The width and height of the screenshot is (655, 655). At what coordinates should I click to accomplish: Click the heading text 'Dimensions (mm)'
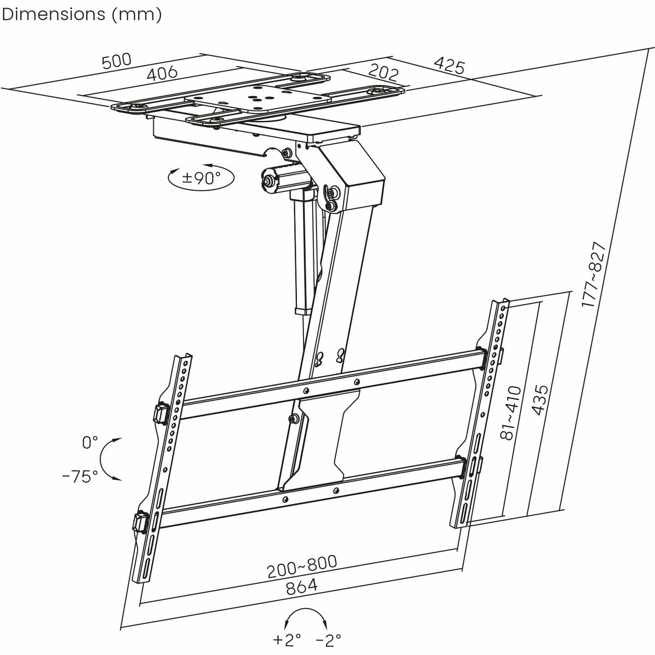pos(82,15)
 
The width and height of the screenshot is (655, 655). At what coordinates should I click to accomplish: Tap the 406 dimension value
pos(163,73)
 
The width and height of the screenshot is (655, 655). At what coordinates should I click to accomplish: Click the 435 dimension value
pos(540,401)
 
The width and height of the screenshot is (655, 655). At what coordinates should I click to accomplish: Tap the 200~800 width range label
pos(302,567)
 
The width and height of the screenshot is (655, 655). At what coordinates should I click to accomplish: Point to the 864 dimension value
pos(301,587)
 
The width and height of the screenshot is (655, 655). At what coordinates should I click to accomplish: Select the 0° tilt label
pos(90,442)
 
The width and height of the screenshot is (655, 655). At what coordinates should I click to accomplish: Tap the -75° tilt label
pos(80,477)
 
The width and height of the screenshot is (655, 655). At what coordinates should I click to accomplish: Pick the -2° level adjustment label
pos(329,639)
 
